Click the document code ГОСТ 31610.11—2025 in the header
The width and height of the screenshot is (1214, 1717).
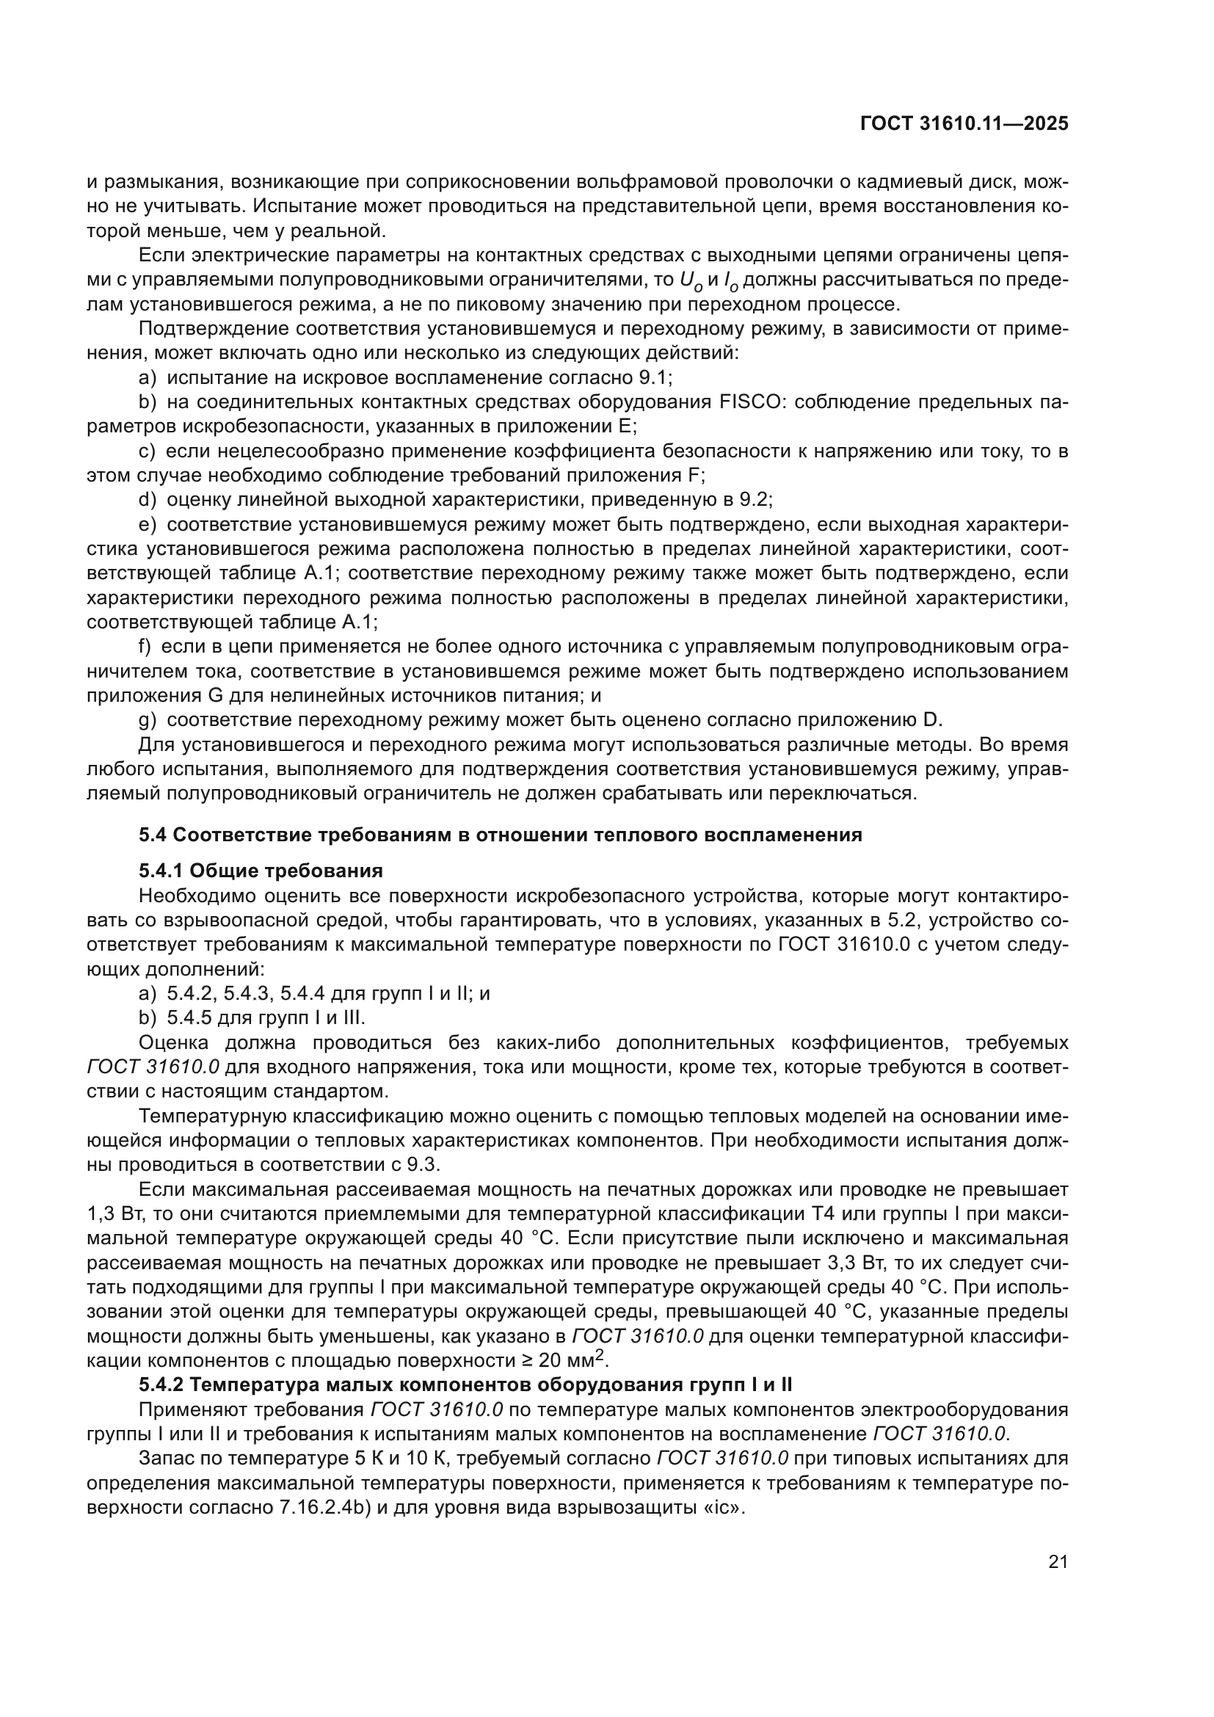coord(964,124)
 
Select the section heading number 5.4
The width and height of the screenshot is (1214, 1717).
coord(154,835)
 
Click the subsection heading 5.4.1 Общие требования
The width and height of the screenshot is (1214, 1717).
coord(261,871)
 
